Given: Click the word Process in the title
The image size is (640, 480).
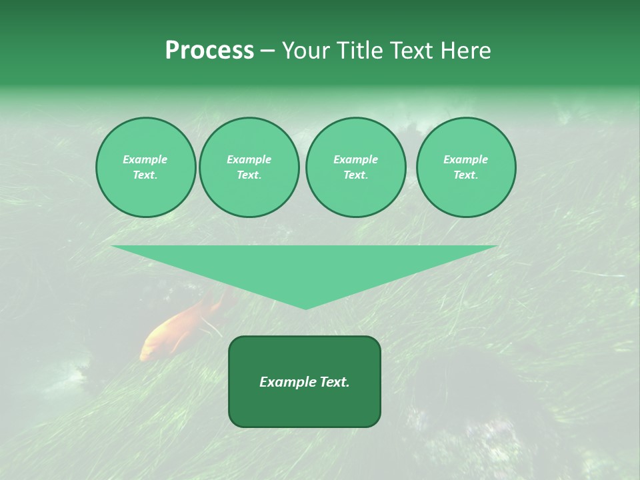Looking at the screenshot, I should tap(209, 51).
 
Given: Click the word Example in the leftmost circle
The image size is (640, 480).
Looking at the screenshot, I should tap(145, 159).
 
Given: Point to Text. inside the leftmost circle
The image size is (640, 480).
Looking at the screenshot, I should tap(145, 175).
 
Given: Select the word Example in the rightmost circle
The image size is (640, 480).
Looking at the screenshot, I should tap(465, 159).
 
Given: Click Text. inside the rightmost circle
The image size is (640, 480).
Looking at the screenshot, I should tap(465, 175).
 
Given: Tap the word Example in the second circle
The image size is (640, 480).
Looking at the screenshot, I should tap(249, 159).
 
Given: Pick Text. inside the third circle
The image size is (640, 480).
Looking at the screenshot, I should tap(355, 175).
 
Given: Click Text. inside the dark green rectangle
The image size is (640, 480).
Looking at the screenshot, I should tap(332, 382).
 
